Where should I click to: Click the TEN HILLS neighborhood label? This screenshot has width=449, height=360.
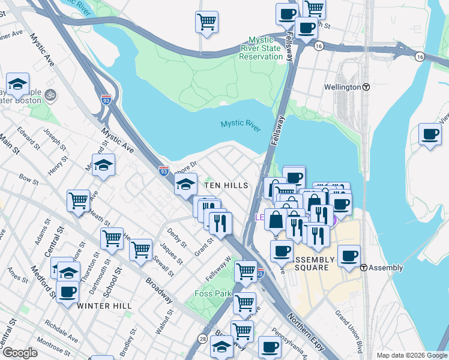click(x=226, y=186)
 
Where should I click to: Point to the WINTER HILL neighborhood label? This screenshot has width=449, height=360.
click(x=104, y=306)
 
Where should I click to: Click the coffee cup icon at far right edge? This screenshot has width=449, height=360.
click(x=430, y=134)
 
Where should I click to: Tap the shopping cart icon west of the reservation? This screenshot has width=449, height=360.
click(x=206, y=22)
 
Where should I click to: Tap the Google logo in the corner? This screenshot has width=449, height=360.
click(x=20, y=353)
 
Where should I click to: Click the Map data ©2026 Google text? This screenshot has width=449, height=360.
click(x=411, y=355)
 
